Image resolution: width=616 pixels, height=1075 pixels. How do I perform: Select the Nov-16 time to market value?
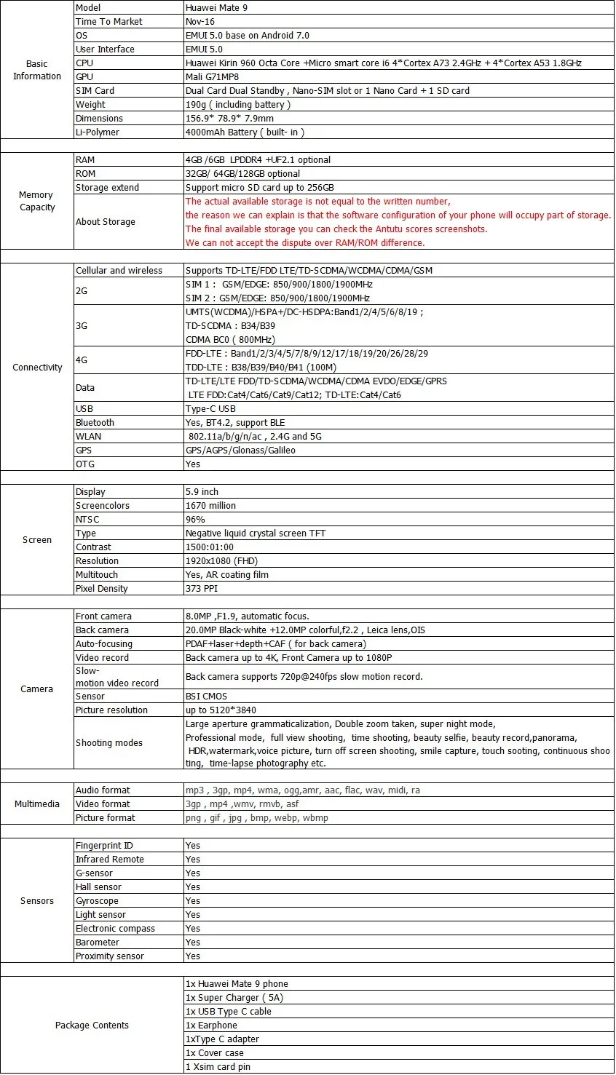tap(200, 21)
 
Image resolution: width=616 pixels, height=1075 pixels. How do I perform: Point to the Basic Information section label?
tap(36, 70)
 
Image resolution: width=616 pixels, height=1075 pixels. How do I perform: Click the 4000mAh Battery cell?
tap(245, 132)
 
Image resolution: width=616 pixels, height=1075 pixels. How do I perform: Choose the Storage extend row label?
tap(107, 187)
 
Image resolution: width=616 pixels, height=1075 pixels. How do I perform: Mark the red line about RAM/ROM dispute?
tap(305, 242)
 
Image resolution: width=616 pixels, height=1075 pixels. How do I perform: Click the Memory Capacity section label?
tap(36, 201)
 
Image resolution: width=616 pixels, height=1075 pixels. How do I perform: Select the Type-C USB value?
tap(210, 408)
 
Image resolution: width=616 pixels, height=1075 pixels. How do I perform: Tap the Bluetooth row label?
tap(95, 422)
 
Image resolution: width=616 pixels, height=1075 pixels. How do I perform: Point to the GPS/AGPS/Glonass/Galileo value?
tap(240, 450)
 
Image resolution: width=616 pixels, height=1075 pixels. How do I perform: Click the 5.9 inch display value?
tap(202, 491)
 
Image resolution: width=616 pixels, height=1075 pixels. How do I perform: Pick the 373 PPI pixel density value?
tap(202, 588)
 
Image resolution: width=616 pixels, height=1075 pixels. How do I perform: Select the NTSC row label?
tap(87, 519)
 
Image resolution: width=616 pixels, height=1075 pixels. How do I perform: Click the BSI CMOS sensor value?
tap(206, 696)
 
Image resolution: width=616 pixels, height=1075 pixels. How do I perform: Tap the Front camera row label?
tap(103, 616)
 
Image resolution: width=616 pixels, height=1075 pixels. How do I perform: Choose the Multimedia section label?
tap(36, 804)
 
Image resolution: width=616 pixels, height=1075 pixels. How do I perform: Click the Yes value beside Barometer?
tap(192, 942)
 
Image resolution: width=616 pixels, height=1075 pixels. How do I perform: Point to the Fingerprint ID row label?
tap(104, 845)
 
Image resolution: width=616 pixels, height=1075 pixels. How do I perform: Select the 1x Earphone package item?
tap(211, 1025)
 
